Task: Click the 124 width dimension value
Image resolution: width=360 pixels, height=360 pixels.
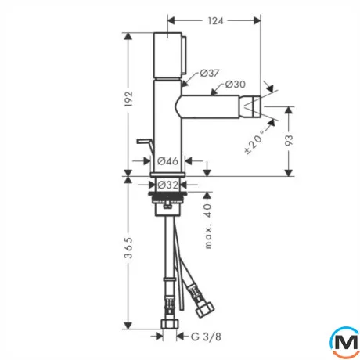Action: point(215,21)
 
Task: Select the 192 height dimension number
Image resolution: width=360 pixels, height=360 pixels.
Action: point(128,99)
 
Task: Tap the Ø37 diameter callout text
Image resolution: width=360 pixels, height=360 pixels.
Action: point(210,74)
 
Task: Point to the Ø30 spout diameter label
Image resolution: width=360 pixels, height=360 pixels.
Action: point(236,85)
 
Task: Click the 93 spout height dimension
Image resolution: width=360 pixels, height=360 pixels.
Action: point(289,140)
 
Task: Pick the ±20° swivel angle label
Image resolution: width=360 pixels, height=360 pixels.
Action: point(254,142)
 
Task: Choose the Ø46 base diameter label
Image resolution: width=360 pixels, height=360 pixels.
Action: point(167,161)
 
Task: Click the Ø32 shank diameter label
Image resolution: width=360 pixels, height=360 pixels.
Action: point(168,185)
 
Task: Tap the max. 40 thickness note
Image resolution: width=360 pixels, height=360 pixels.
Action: point(208,226)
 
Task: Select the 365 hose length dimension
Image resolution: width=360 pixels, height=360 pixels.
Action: point(128,248)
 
